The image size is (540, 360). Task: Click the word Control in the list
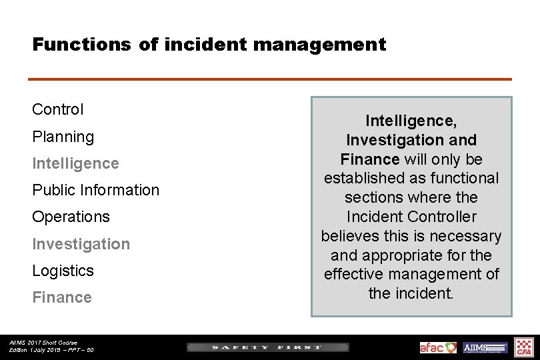pos(58,109)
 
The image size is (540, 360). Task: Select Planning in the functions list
pos(63,137)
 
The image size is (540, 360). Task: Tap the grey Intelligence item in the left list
pos(75,163)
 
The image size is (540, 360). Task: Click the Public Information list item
pos(96,190)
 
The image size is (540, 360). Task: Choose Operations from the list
pos(71,217)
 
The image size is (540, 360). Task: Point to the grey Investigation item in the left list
pos(81,244)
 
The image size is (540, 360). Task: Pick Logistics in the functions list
pos(63,271)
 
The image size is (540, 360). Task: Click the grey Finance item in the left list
pos(62,297)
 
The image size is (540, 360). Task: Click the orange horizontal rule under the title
pos(270,79)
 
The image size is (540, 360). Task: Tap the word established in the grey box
pos(364,178)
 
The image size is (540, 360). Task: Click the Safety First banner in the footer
pos(267,347)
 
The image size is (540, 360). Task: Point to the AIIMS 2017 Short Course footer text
pos(43,343)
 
